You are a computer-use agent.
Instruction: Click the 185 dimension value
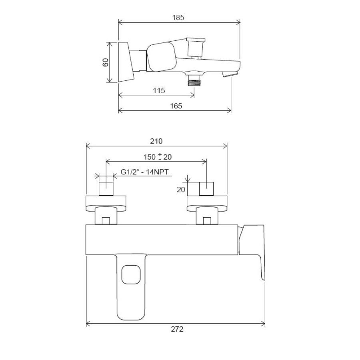(x=178, y=18)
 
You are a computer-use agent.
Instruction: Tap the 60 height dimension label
(x=105, y=62)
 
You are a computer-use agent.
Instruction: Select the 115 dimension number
(x=159, y=90)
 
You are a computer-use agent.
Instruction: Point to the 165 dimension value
(x=176, y=106)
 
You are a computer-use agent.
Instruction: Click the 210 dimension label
(x=156, y=141)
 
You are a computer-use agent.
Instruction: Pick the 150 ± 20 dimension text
(x=158, y=157)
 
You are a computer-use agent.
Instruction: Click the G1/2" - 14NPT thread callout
(x=144, y=172)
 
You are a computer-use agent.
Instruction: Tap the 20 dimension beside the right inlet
(x=181, y=190)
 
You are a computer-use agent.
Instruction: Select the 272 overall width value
(x=177, y=329)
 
